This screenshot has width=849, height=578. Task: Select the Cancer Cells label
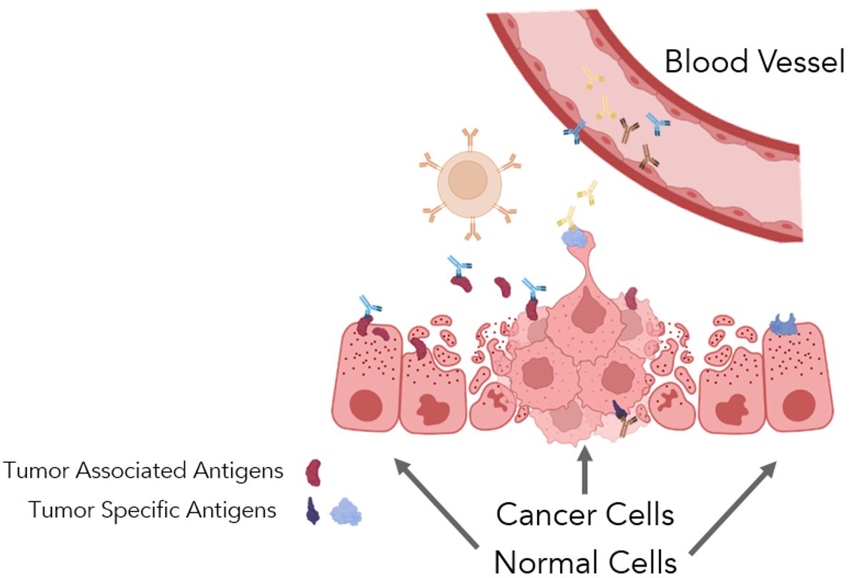tap(585, 514)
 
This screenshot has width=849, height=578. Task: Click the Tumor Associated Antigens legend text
tap(143, 471)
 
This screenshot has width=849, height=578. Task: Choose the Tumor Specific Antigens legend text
tap(152, 510)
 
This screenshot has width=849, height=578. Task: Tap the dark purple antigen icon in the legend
tap(313, 511)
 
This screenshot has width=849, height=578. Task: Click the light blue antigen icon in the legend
tap(345, 512)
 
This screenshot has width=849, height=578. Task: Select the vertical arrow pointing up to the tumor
tap(586, 469)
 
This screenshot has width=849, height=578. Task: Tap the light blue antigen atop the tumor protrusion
tap(574, 238)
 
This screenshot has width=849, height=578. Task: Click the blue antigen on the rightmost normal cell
tap(784, 325)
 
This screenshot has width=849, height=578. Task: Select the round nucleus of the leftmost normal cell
tap(366, 405)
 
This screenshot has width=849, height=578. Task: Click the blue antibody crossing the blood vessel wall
tap(574, 131)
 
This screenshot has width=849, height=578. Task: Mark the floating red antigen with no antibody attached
tap(503, 288)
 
